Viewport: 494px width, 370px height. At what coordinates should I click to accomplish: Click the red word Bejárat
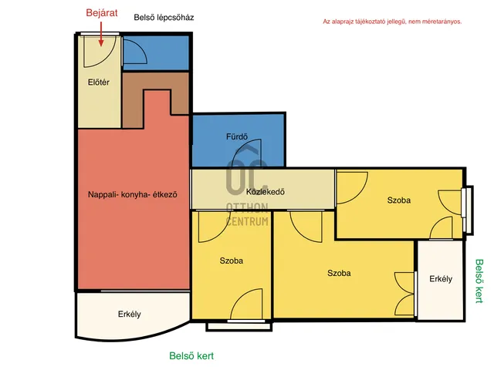pos(102,13)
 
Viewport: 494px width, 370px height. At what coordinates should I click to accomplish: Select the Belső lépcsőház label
pos(164,18)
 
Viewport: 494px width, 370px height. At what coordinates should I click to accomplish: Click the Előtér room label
pos(99,82)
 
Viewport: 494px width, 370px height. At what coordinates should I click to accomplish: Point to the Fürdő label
pos(237,136)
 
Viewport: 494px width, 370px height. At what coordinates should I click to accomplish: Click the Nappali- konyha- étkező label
pos(133,194)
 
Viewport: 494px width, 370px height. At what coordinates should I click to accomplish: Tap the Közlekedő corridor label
pos(266,192)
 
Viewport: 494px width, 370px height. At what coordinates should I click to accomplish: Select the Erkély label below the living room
pos(130,314)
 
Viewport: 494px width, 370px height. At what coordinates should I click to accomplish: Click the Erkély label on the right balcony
pos(441,279)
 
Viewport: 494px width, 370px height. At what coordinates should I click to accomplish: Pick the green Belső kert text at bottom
pos(191,356)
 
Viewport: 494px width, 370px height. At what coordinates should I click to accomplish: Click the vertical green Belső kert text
pos(479,281)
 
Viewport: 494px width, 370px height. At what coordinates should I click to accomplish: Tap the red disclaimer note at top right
pos(392,22)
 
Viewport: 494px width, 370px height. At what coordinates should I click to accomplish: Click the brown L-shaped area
pos(132,101)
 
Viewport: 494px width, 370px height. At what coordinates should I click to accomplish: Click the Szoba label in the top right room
pos(399,200)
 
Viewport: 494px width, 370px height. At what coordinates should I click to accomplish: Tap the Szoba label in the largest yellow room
pos(339,273)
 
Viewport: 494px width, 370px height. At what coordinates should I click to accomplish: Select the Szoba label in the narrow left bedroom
pos(232,261)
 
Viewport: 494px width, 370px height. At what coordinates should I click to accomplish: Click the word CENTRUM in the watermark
pos(247,221)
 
